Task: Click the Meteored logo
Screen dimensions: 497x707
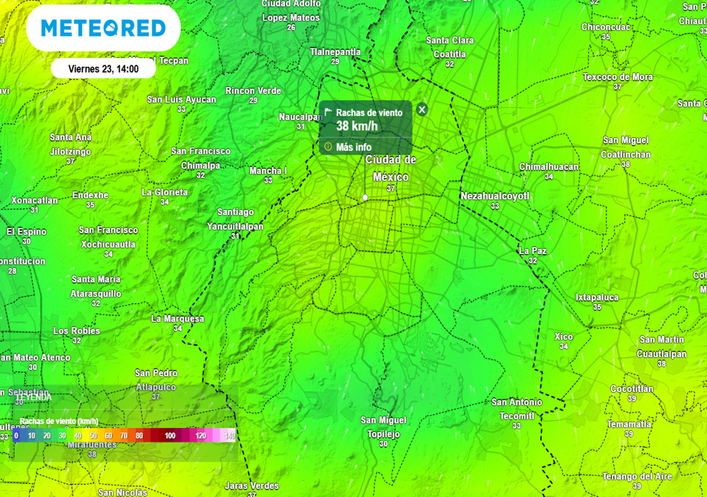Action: tap(104, 28)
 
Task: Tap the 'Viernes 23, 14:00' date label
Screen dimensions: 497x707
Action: tap(104, 69)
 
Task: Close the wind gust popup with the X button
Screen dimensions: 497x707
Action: tap(422, 110)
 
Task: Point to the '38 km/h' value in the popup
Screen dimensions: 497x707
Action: tap(357, 126)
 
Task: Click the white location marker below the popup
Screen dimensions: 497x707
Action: tap(365, 197)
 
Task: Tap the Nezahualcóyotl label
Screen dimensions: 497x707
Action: tap(495, 196)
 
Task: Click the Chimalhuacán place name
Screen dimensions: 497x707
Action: tap(549, 167)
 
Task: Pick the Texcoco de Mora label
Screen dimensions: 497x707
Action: tap(617, 77)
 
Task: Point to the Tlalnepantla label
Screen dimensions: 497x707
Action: tap(336, 52)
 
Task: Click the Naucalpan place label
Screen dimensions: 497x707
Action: tap(301, 117)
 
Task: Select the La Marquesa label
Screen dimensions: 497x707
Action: tap(177, 318)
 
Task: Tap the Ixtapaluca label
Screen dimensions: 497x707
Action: tap(597, 298)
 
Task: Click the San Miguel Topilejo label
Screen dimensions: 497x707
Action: tap(383, 427)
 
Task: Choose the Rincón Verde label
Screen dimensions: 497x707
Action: tap(253, 90)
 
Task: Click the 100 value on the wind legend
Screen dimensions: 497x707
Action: tap(170, 436)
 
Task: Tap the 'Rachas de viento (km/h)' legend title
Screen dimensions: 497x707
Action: tap(59, 421)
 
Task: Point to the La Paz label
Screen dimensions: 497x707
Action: tap(532, 251)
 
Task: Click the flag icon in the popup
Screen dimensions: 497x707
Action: tap(329, 111)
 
